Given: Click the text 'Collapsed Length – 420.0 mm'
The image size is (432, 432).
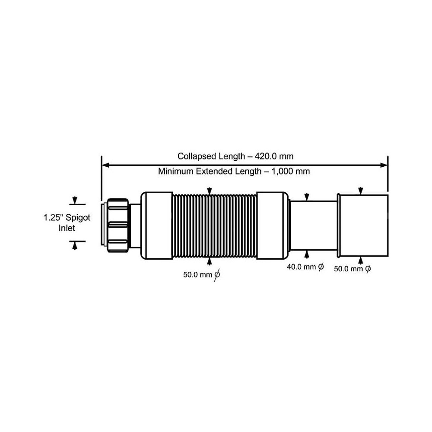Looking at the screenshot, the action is click(x=235, y=156).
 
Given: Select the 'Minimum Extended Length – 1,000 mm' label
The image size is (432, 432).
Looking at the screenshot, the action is click(x=234, y=172).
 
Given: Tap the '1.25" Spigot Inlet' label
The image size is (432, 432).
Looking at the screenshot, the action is click(x=67, y=223).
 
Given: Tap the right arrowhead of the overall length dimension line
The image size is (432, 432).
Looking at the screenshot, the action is click(x=384, y=165).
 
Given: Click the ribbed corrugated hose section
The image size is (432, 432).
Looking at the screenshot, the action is click(x=215, y=226).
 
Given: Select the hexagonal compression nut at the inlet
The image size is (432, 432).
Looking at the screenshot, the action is click(x=118, y=226).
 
